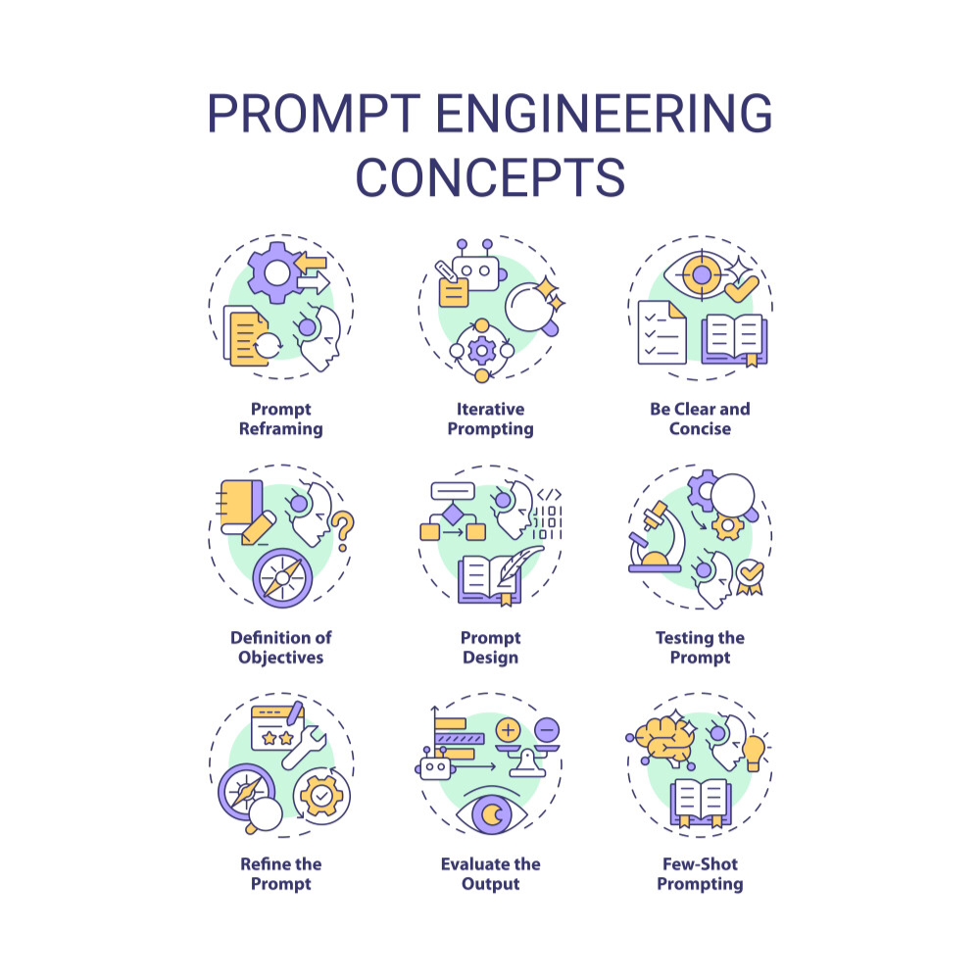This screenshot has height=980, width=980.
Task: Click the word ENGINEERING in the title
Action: [x=604, y=116]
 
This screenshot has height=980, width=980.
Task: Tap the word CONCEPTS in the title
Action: [x=490, y=176]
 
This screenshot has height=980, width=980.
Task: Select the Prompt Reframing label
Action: [x=280, y=418]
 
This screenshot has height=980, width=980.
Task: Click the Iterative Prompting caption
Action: [x=490, y=418]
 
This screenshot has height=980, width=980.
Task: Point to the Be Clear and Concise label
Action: [x=700, y=418]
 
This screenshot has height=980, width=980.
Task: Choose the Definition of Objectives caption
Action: [x=280, y=648]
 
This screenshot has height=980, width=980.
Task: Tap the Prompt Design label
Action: [x=490, y=648]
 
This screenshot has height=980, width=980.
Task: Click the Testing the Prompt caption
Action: [x=700, y=648]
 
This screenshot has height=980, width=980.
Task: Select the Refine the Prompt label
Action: [x=280, y=873]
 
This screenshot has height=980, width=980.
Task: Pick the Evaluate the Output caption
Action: [x=490, y=873]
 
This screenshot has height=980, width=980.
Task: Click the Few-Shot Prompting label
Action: [x=700, y=873]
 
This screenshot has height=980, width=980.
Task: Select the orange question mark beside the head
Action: [x=342, y=532]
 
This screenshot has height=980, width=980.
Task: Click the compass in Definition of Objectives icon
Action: [x=282, y=577]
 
